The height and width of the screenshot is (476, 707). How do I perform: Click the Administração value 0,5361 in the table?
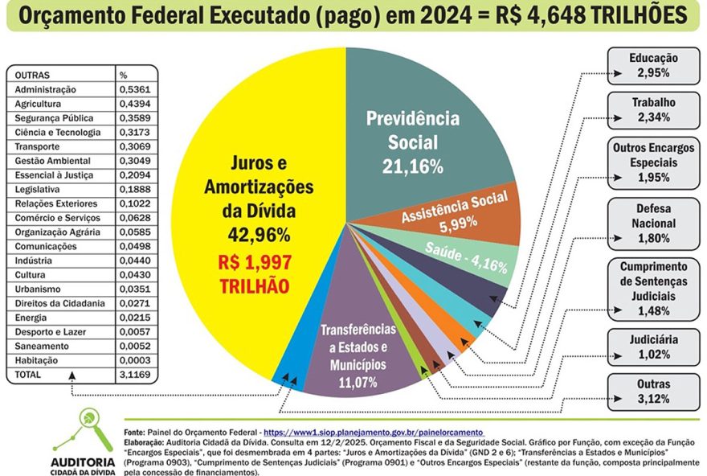pyautogui.click(x=136, y=89)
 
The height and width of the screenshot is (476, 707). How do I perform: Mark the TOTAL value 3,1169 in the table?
pyautogui.click(x=136, y=375)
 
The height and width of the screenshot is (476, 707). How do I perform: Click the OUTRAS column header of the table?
pyautogui.click(x=33, y=75)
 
